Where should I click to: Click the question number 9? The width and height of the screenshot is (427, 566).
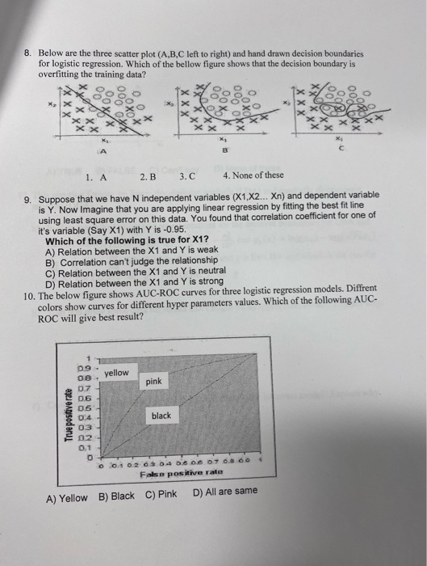[28, 196]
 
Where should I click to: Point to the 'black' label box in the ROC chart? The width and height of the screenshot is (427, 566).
[161, 416]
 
